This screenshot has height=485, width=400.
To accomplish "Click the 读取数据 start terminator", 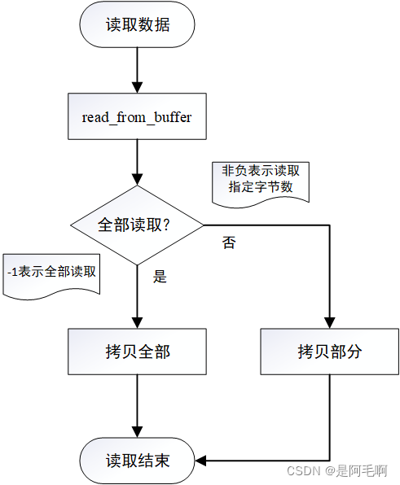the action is pyautogui.click(x=137, y=24).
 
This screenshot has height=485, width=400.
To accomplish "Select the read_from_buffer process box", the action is pyautogui.click(x=137, y=116).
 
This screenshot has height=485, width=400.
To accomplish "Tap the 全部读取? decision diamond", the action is pyautogui.click(x=137, y=225).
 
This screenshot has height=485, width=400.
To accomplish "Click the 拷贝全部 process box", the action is pyautogui.click(x=137, y=352).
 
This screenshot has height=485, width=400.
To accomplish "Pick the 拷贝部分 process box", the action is pyautogui.click(x=329, y=352).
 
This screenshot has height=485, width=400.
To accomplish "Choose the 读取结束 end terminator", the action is pyautogui.click(x=137, y=461).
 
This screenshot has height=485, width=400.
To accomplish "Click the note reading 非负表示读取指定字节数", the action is pyautogui.click(x=261, y=182).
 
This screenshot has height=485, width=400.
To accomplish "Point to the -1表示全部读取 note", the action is pyautogui.click(x=51, y=275).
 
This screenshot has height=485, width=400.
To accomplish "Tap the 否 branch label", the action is pyautogui.click(x=229, y=242).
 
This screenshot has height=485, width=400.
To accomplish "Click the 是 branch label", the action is pyautogui.click(x=160, y=276).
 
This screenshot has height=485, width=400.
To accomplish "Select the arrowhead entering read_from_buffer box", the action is pyautogui.click(x=137, y=88).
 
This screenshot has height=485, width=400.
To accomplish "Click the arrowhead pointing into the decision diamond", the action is pyautogui.click(x=137, y=180).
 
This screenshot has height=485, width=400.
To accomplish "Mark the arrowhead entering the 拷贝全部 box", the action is pyautogui.click(x=137, y=323).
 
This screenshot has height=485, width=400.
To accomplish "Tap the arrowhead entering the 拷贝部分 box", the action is pyautogui.click(x=329, y=323).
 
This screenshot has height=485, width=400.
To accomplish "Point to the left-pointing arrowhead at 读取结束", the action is pyautogui.click(x=200, y=461).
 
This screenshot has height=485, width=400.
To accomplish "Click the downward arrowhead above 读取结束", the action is pyautogui.click(x=137, y=432).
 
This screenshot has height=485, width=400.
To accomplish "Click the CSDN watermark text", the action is pyautogui.click(x=336, y=470).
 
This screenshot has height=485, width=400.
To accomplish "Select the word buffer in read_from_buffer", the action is pyautogui.click(x=173, y=117).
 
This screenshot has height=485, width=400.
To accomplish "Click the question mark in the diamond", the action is pyautogui.click(x=166, y=225).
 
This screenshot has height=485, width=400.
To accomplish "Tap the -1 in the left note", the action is pyautogui.click(x=13, y=272).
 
